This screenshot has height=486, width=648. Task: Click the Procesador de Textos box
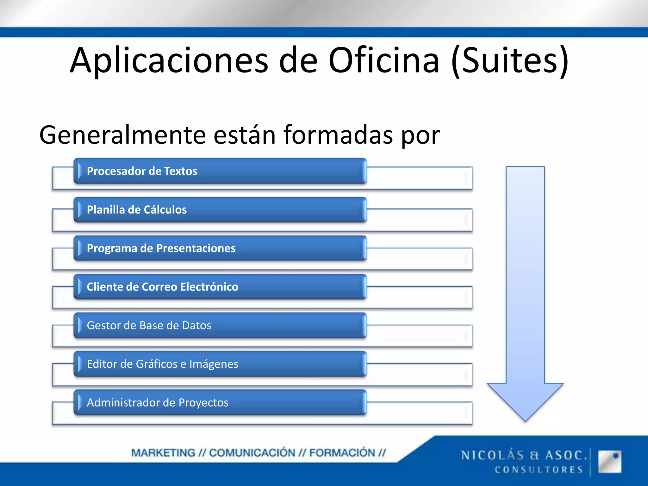220,171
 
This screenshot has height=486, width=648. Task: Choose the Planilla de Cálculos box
220,210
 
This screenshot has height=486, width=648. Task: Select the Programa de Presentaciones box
220,248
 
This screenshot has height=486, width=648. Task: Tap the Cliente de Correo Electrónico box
220,287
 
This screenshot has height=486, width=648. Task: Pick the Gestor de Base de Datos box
220,326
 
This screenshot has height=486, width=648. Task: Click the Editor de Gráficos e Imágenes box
220,364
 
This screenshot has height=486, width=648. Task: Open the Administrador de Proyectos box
220,403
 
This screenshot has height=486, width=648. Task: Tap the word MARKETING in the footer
163,453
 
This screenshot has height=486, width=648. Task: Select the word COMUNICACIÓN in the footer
252,453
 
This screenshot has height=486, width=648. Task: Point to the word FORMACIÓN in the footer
342,453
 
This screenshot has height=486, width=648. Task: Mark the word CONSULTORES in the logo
539,470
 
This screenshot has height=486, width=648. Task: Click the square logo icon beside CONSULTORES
609,462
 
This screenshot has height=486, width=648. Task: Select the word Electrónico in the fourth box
209,287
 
